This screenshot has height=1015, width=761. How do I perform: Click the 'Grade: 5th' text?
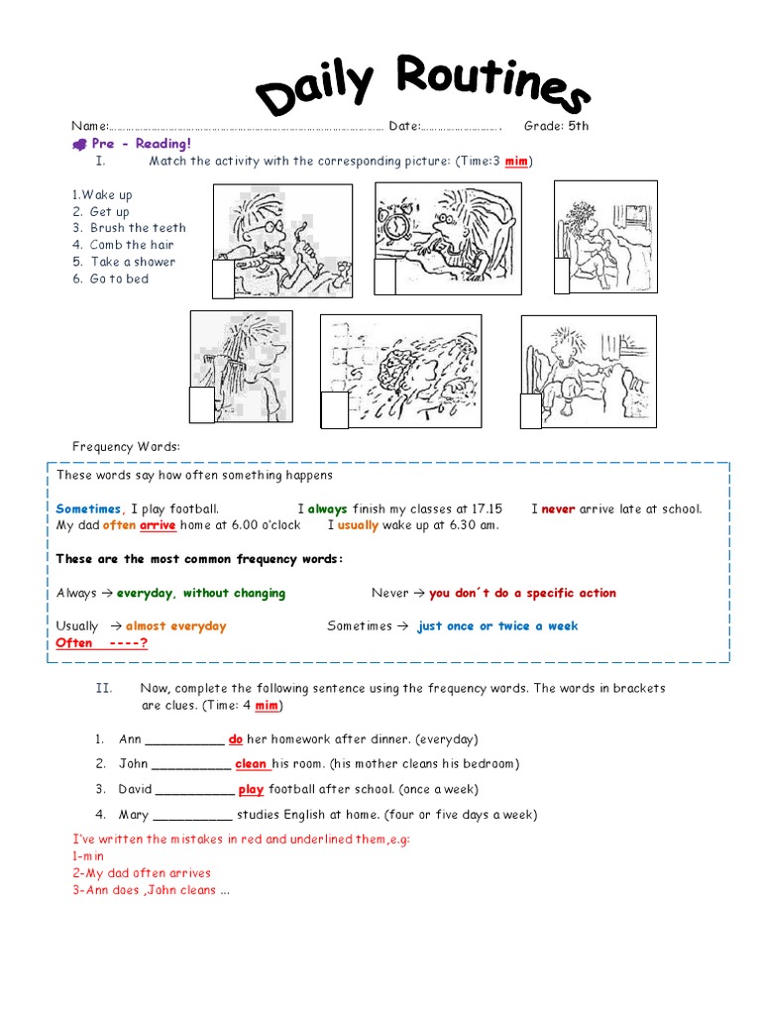click(556, 126)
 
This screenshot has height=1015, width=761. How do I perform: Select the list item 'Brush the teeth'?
click(138, 228)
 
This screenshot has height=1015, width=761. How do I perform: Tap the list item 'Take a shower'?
click(133, 262)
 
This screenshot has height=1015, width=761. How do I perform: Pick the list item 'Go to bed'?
click(119, 279)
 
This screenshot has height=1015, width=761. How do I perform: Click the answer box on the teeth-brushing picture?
click(223, 280)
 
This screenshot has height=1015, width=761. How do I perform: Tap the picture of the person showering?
click(400, 372)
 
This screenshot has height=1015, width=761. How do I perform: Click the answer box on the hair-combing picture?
click(201, 404)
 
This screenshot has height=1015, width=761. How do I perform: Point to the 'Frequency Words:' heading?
click(126, 448)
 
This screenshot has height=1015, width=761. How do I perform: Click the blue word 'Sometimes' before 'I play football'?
click(88, 508)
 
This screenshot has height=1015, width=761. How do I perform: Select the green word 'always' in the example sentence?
click(327, 508)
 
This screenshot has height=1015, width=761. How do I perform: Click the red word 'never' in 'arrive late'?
click(558, 508)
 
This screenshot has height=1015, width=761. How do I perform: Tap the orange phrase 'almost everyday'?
click(175, 626)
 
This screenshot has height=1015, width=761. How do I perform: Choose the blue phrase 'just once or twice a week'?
click(497, 626)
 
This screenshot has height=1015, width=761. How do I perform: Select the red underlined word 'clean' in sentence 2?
click(252, 764)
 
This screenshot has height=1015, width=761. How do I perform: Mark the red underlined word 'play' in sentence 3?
click(251, 790)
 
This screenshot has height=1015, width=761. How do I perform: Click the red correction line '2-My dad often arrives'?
click(141, 873)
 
